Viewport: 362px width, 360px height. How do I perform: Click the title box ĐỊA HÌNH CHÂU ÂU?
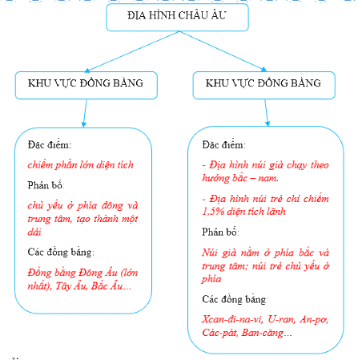pos(178,18)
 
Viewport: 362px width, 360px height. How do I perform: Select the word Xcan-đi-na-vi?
pos(231,319)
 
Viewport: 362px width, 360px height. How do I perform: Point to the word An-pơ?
pos(314,320)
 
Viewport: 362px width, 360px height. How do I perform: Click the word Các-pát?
pos(220,333)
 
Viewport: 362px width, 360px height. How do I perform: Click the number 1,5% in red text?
pos(213,212)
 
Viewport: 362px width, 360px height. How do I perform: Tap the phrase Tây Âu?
pos(71,286)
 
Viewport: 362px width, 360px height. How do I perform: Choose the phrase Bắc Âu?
pos(107,286)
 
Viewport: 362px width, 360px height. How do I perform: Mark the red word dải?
pos(34,232)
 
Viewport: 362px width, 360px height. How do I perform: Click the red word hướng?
pos(213,179)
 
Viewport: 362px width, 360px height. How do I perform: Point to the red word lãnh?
pos(276,212)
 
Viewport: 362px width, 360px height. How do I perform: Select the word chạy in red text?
pos(296,166)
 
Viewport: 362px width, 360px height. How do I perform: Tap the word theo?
pos(320,165)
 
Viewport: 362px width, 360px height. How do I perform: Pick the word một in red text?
pos(130,219)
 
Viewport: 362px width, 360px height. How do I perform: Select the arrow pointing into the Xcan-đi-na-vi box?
pos(267,112)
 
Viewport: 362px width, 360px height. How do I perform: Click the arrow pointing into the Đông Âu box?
pos(85,113)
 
